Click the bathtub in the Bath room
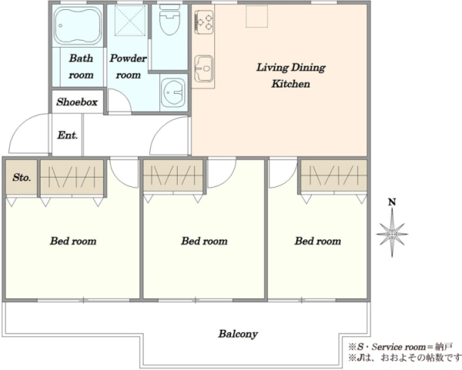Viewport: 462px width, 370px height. click(x=78, y=26)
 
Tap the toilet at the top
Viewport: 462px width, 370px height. click(x=169, y=20)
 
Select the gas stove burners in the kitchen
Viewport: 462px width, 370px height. click(x=203, y=22)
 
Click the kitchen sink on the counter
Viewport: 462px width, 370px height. click(x=203, y=69)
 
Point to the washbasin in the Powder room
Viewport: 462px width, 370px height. click(x=173, y=92)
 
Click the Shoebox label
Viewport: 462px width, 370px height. click(x=77, y=102)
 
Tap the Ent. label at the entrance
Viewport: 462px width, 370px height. click(x=68, y=135)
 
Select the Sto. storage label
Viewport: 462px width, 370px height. click(x=22, y=178)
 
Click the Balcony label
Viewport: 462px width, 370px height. click(x=238, y=334)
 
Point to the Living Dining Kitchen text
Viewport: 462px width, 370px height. click(x=291, y=75)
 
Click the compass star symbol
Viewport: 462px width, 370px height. click(x=392, y=234)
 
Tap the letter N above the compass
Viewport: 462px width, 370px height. click(x=392, y=202)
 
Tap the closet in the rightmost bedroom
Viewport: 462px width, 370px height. click(x=334, y=175)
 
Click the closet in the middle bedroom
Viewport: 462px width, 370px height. click(x=173, y=175)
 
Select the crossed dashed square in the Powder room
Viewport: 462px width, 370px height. click(x=130, y=21)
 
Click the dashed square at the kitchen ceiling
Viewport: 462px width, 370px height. click(x=257, y=16)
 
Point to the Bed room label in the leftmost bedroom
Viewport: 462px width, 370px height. click(x=73, y=241)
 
